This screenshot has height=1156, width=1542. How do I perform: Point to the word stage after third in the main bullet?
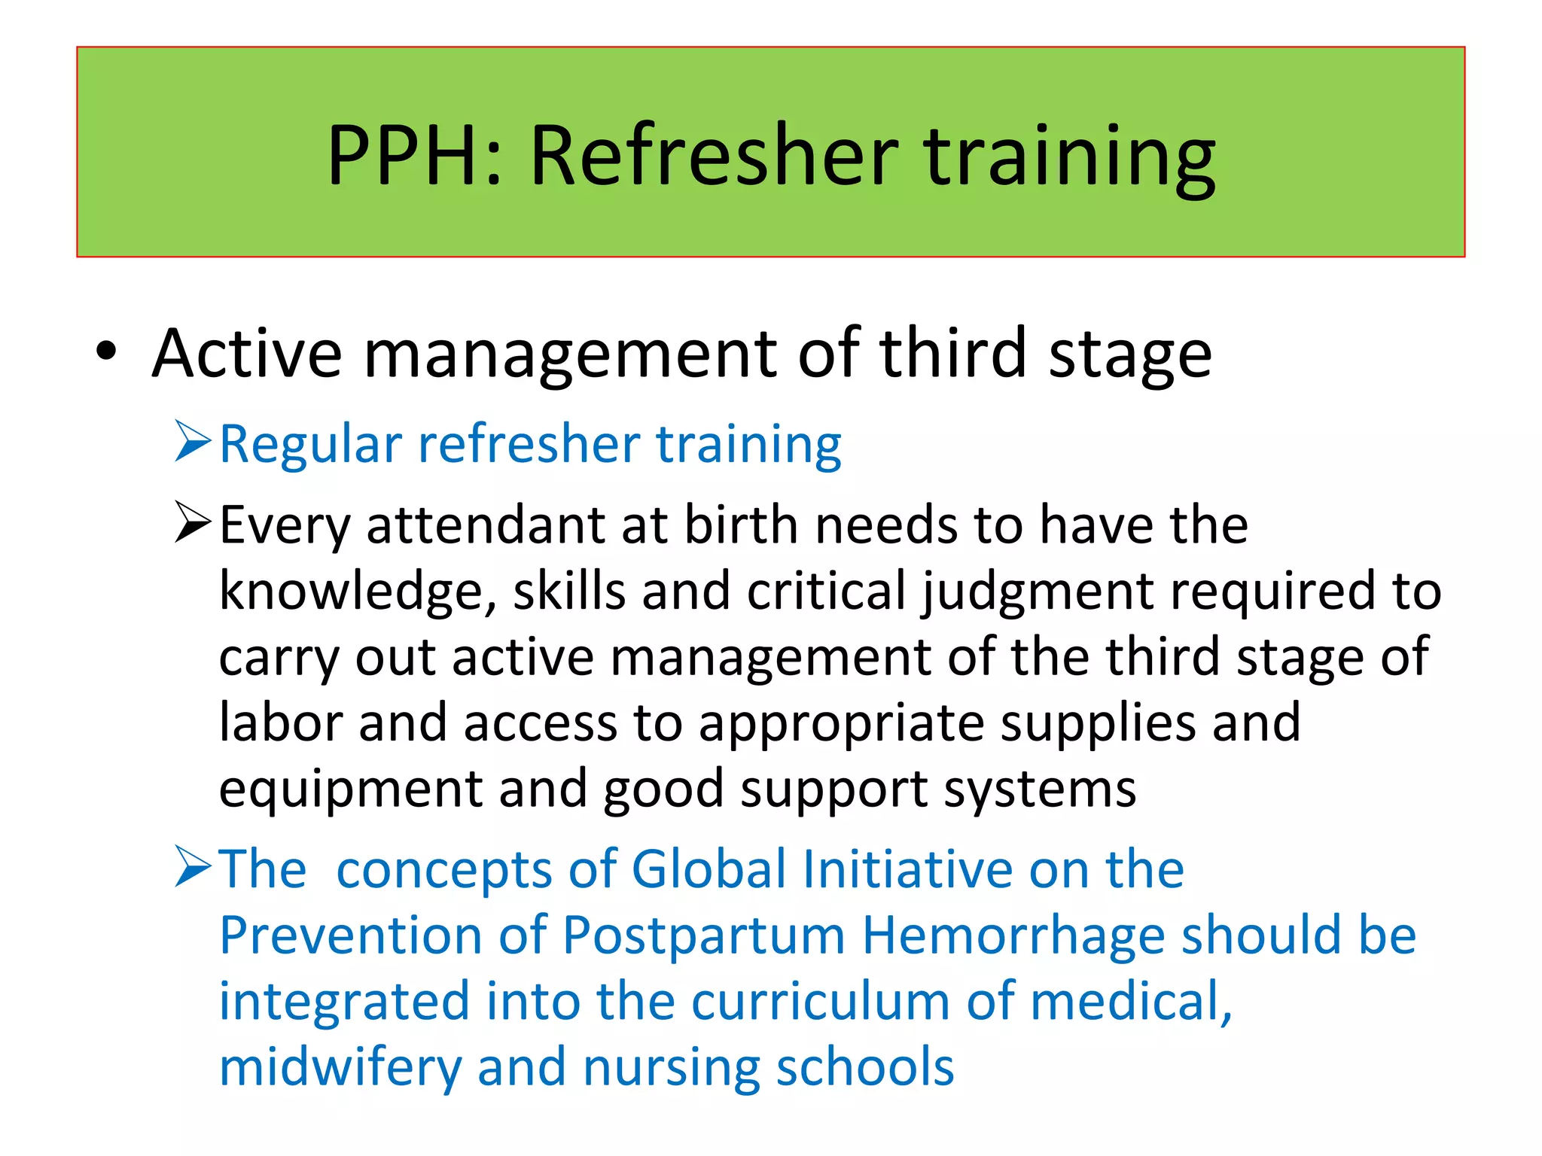coord(1130,355)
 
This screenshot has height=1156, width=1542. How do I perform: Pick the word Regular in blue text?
coord(311,446)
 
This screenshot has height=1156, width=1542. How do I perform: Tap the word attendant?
coord(486,525)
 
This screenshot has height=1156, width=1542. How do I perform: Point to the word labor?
coord(280,722)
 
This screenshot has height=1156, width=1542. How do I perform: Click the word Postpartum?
coord(703,936)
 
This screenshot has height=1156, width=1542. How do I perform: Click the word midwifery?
coord(340,1068)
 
